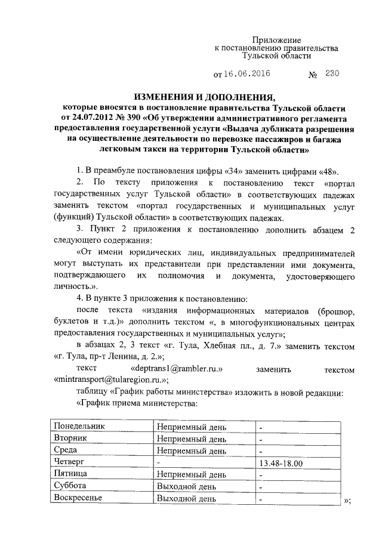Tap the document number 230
(x=332, y=75)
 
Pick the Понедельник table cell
(x=79, y=427)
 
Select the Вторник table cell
(x=70, y=439)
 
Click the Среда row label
(x=66, y=450)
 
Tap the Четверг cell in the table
(x=69, y=462)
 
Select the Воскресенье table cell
(x=78, y=498)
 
